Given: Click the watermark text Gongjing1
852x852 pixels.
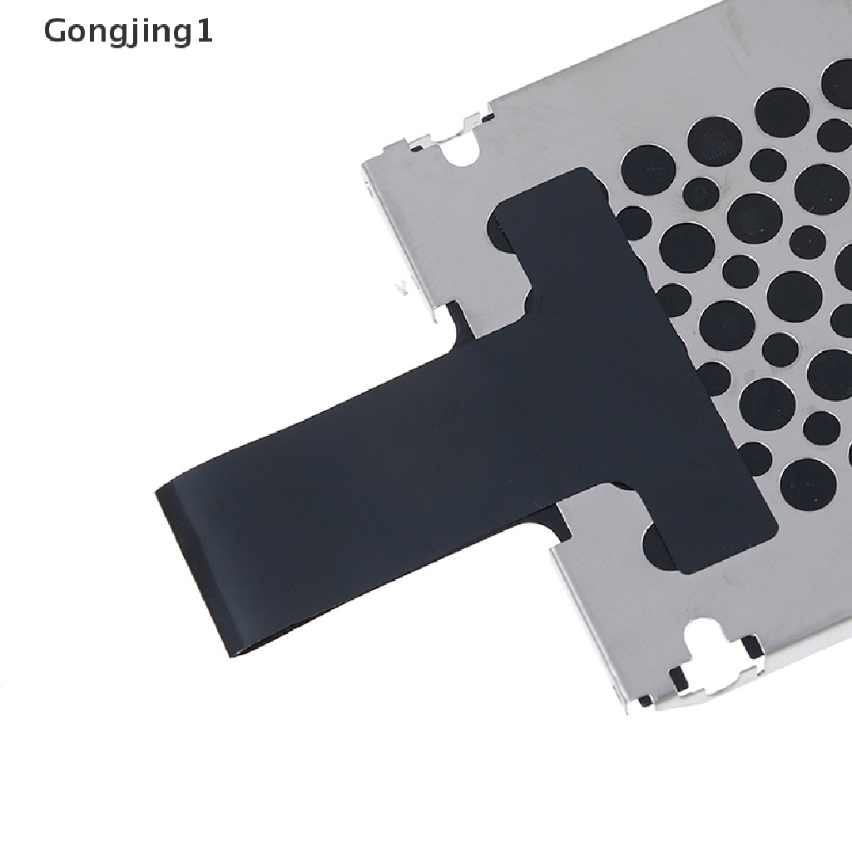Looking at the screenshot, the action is pos(128,32).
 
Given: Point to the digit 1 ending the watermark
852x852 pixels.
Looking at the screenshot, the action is pos(204,31).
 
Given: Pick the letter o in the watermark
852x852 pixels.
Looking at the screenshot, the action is pos(78,34).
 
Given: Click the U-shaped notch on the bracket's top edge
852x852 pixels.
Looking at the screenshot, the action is pos(461,151).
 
